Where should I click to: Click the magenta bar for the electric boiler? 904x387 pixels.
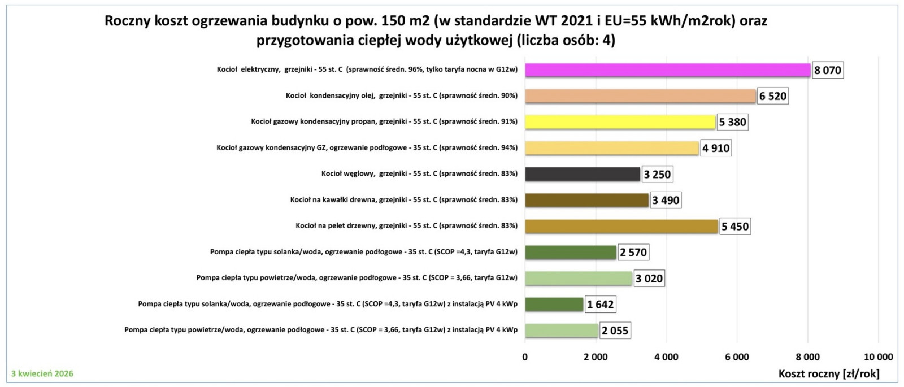click(x=668, y=70)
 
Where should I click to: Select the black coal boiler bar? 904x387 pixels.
click(x=582, y=174)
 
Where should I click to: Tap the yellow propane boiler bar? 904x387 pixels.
click(x=620, y=122)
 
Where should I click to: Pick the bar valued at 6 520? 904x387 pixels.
click(x=640, y=96)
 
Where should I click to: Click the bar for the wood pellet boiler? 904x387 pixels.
click(x=621, y=226)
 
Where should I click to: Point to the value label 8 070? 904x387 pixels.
click(x=828, y=71)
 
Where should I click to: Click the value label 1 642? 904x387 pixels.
click(x=600, y=305)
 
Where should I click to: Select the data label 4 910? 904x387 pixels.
click(x=716, y=149)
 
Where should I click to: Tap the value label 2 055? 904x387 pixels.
click(x=615, y=331)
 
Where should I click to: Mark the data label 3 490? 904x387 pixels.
click(x=666, y=200)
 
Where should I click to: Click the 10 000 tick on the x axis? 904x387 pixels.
click(x=878, y=357)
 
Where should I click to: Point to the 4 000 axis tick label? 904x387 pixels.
click(x=666, y=357)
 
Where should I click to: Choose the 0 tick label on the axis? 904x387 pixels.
click(x=525, y=357)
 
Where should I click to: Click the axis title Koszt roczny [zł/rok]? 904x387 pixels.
click(x=829, y=374)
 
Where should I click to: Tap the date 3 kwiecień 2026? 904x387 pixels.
click(x=42, y=373)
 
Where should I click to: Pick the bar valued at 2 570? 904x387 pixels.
click(x=570, y=252)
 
